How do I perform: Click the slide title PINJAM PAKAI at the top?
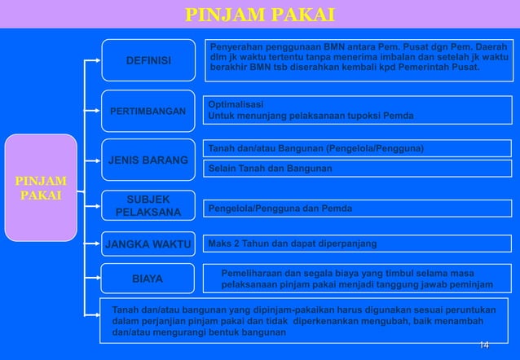(x=259, y=15)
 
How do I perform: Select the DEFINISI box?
(x=148, y=60)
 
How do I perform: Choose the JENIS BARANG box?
(x=148, y=160)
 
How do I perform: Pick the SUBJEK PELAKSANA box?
(x=148, y=206)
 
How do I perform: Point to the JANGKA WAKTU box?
(x=148, y=243)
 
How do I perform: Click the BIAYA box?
(x=148, y=279)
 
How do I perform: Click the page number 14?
(x=484, y=346)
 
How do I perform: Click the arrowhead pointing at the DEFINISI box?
(x=96, y=60)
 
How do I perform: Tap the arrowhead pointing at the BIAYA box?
(x=96, y=279)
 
